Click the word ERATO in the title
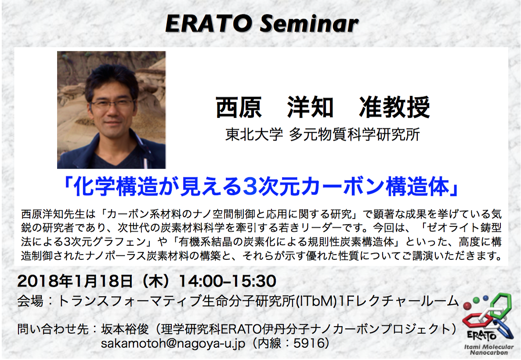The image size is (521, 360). point(208,24)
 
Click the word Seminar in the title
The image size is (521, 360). point(309,24)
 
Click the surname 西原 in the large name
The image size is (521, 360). point(239,107)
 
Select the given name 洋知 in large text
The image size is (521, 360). point(310,107)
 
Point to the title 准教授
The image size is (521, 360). point(394,107)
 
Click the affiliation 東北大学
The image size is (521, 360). point(254,135)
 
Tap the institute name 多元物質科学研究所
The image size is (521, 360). point(355,135)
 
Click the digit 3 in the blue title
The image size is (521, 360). point(250,186)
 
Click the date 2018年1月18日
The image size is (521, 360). point(75,281)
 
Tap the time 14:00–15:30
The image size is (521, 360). point(228,281)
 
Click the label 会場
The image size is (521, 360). point(30,301)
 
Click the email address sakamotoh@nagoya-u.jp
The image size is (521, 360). point(173,343)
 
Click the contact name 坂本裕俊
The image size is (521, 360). point(125,329)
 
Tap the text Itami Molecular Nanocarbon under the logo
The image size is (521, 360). point(489,349)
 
